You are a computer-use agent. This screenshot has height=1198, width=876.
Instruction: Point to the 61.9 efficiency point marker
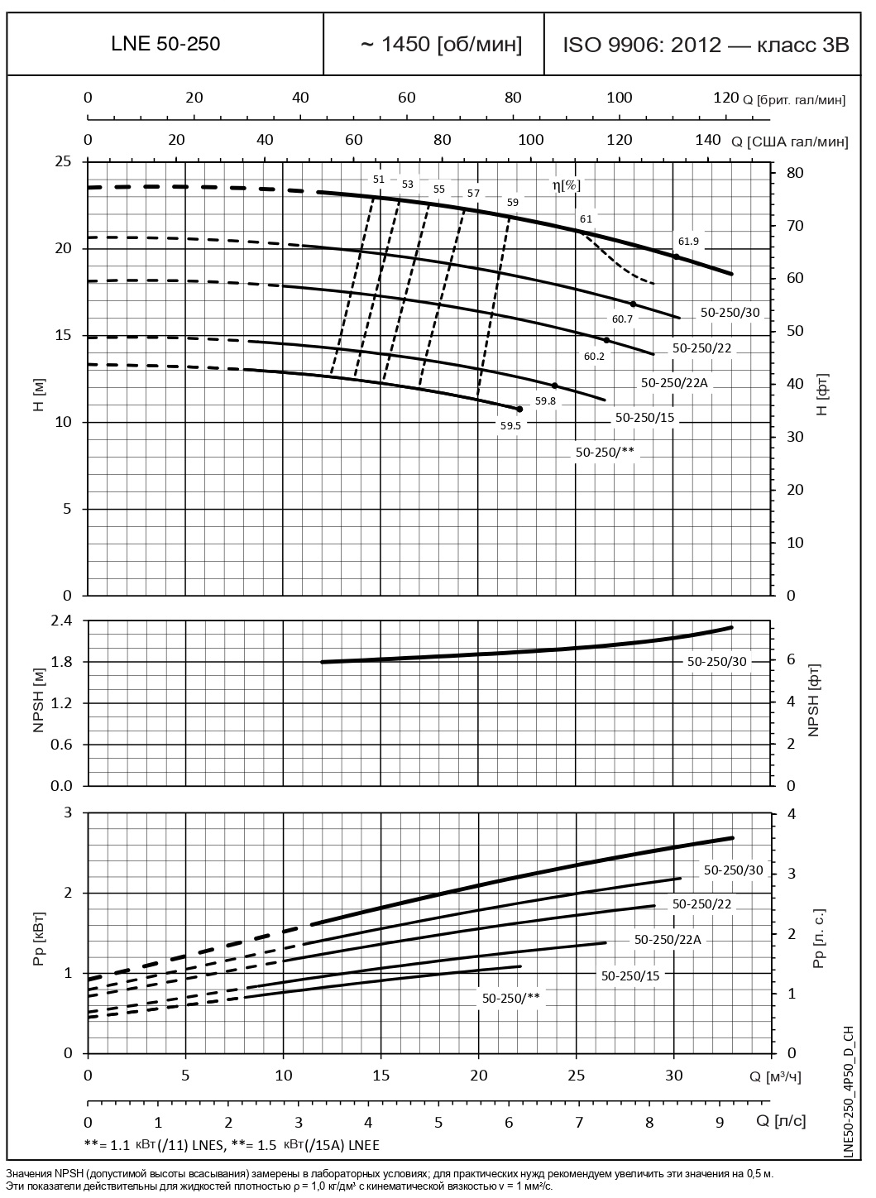pos(677,257)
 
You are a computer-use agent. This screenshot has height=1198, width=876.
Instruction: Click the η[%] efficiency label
pos(567,185)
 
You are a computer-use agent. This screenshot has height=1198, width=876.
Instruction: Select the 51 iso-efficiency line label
pos(379,179)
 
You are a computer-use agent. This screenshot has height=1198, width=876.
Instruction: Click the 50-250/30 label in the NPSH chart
pos(716,661)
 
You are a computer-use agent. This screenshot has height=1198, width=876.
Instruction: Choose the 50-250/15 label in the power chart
pos(630,975)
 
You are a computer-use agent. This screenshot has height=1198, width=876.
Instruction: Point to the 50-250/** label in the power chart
pos(510,998)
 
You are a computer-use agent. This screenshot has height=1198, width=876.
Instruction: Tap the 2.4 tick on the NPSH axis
pos(63,621)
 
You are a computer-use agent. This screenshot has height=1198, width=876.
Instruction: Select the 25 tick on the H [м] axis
pos(63,161)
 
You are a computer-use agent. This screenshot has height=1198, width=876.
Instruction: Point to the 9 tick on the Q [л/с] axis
pos(719,1123)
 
